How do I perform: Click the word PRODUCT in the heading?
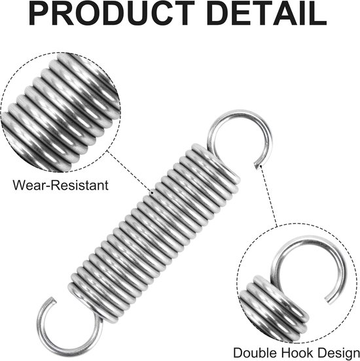[112, 13]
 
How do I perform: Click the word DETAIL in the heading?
[266, 13]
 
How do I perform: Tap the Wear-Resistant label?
[60, 185]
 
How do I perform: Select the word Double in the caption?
[256, 353]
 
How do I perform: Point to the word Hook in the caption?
[297, 353]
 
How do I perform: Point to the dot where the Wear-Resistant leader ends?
[152, 192]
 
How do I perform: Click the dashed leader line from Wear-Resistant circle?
[130, 171]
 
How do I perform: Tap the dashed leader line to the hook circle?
[268, 196]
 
